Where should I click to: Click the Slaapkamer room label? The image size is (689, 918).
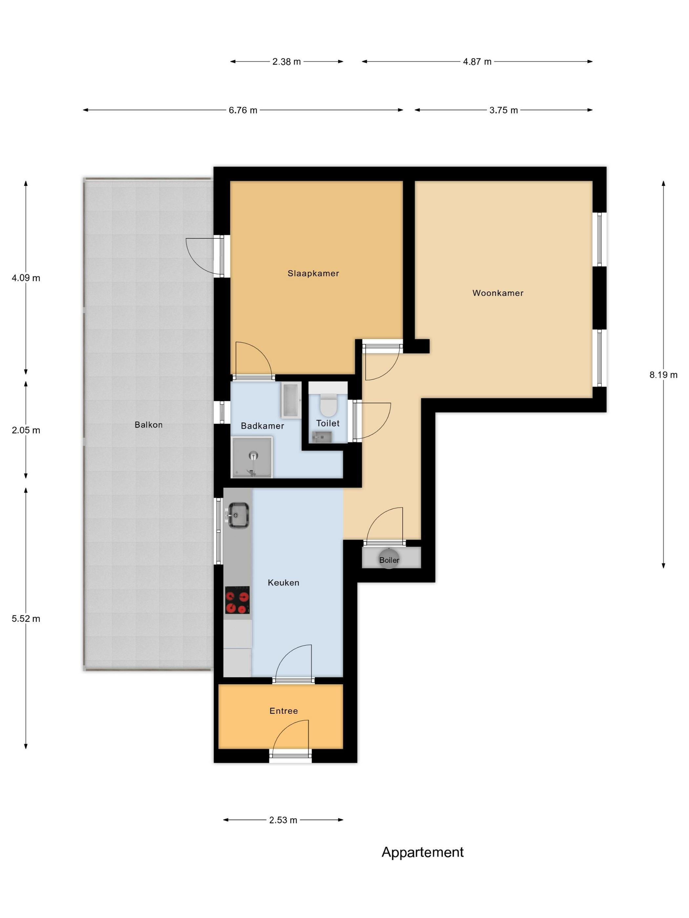[313, 273]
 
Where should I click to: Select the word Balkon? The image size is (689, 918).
[148, 425]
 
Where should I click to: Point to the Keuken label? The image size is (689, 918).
[283, 582]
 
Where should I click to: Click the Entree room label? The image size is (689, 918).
[284, 710]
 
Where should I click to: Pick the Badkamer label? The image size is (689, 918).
[262, 426]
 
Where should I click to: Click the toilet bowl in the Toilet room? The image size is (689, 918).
[328, 405]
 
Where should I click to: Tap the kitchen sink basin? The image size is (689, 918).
[239, 515]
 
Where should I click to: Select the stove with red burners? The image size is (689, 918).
[237, 600]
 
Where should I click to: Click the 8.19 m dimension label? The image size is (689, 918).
[663, 375]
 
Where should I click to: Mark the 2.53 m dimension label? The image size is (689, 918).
[283, 820]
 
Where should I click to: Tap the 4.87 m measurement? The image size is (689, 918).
[477, 61]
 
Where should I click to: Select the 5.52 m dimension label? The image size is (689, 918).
[26, 618]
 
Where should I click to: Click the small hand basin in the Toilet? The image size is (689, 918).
[322, 437]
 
